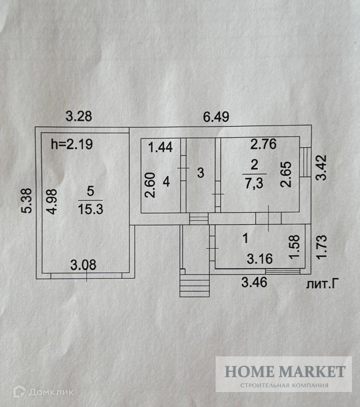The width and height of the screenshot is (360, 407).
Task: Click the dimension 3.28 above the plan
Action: (78, 116)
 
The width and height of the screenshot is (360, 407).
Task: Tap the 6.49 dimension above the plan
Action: (216, 116)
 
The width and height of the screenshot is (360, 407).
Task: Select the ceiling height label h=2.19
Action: (72, 144)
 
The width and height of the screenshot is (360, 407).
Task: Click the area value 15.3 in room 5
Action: (90, 210)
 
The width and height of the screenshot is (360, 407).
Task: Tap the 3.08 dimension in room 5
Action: (83, 265)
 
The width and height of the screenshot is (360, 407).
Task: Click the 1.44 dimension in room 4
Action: (160, 147)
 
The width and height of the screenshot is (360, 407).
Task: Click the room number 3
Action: (200, 172)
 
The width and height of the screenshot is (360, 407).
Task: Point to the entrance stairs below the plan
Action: (194, 285)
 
